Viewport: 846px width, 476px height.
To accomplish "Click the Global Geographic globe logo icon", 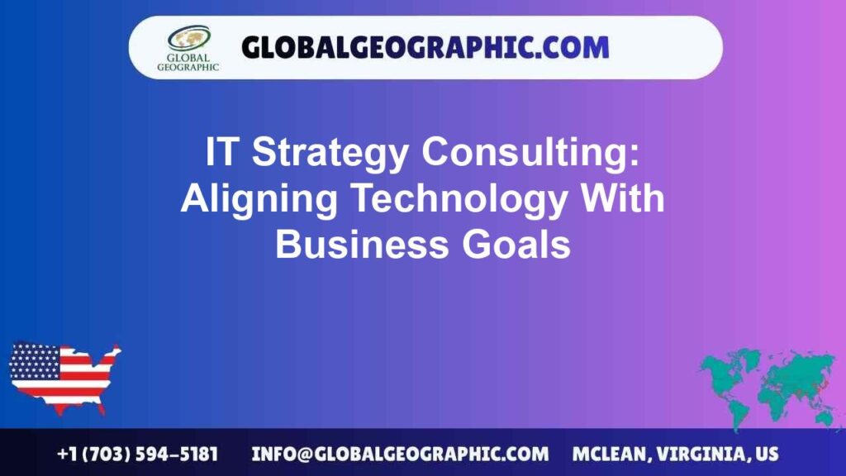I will pos(188,38).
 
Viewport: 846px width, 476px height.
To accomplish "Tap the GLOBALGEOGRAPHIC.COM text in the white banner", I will pos(425,47).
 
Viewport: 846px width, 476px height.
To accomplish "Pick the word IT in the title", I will pos(222,154).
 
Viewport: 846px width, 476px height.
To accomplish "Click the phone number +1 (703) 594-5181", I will pos(138,454).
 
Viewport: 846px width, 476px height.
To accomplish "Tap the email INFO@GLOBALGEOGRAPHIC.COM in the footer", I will pos(400,454).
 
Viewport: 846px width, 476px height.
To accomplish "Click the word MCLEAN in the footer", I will pos(608,454).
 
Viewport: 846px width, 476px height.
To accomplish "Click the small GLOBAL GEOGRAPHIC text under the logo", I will pos(188,63).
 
